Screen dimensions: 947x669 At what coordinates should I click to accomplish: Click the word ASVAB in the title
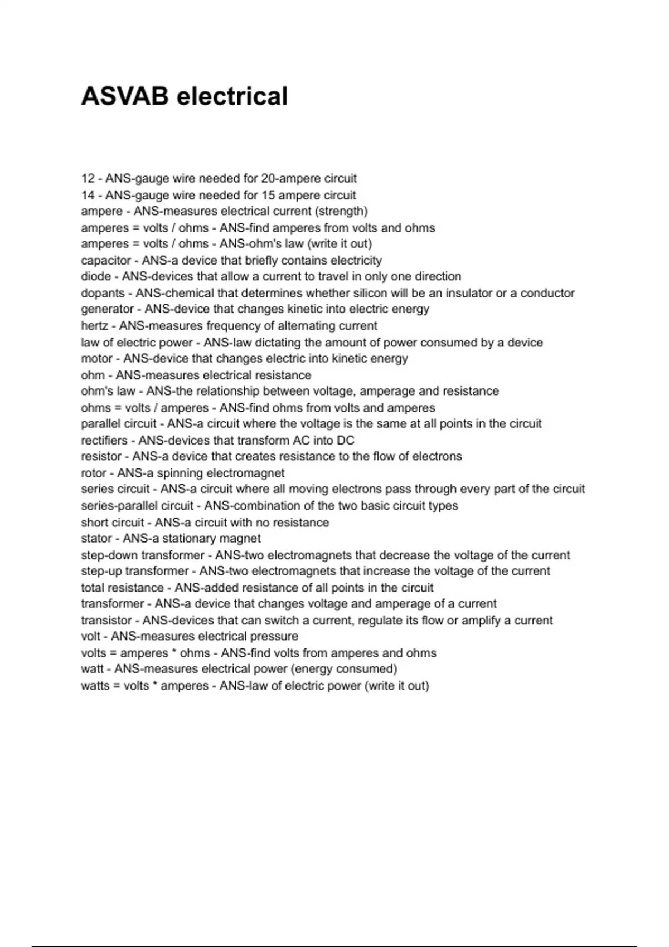[124, 96]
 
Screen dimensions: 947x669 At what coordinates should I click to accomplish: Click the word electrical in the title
[232, 96]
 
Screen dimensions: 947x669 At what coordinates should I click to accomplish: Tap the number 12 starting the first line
[88, 179]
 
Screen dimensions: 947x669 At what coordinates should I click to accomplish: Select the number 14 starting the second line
[88, 196]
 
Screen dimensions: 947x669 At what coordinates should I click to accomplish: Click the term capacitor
[106, 261]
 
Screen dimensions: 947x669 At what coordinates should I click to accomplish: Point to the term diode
[96, 277]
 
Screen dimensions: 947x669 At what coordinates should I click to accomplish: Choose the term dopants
[103, 294]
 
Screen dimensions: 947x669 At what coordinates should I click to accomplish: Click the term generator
[107, 309]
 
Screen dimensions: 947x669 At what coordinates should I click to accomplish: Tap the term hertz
[94, 326]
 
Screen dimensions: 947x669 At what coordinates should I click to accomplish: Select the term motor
[96, 359]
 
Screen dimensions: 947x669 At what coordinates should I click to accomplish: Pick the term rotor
[93, 473]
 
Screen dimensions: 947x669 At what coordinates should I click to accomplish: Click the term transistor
[106, 621]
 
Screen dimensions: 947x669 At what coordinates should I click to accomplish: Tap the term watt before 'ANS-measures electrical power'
[92, 669]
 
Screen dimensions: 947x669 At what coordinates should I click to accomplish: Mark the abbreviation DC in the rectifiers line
[346, 441]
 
